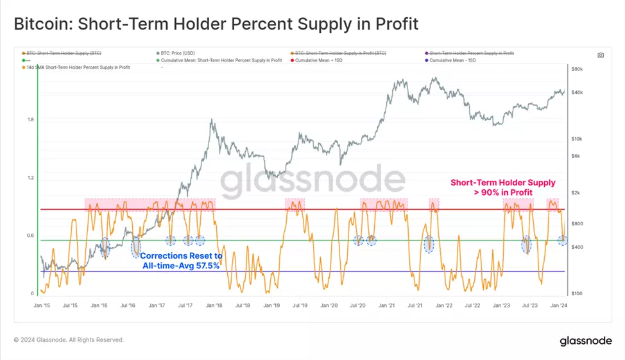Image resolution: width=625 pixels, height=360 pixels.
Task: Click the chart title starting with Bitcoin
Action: pyautogui.click(x=216, y=24)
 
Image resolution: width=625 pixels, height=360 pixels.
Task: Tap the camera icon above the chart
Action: pyautogui.click(x=601, y=55)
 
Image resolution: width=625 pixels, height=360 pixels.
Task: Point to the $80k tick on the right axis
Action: pyautogui.click(x=576, y=69)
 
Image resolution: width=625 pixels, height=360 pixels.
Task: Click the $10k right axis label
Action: pyautogui.click(x=576, y=139)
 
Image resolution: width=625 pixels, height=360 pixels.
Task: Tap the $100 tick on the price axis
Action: pyautogui.click(x=576, y=293)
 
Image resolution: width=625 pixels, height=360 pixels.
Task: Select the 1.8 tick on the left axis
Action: pyautogui.click(x=31, y=120)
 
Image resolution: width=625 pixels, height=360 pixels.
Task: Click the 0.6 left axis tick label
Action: pyautogui.click(x=31, y=236)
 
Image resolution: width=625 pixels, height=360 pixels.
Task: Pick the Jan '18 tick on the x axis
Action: pyautogui.click(x=214, y=306)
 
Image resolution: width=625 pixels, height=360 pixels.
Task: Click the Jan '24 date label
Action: pyautogui.click(x=559, y=306)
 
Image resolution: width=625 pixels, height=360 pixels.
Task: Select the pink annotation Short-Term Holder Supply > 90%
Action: pyautogui.click(x=502, y=187)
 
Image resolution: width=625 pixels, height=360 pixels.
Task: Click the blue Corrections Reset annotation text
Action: pyautogui.click(x=181, y=261)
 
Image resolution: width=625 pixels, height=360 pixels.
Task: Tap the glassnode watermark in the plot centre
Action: pyautogui.click(x=312, y=182)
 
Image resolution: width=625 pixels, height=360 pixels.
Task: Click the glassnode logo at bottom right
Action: pyautogui.click(x=585, y=340)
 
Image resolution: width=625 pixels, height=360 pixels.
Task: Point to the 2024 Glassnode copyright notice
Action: pyautogui.click(x=69, y=340)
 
